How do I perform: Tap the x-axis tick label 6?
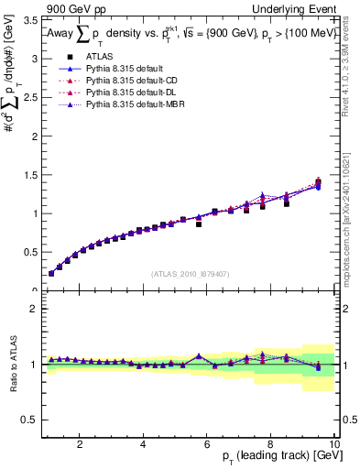pos(207,444)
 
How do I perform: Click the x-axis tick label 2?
pos(81,444)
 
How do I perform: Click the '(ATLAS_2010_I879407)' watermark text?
pos(191,274)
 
